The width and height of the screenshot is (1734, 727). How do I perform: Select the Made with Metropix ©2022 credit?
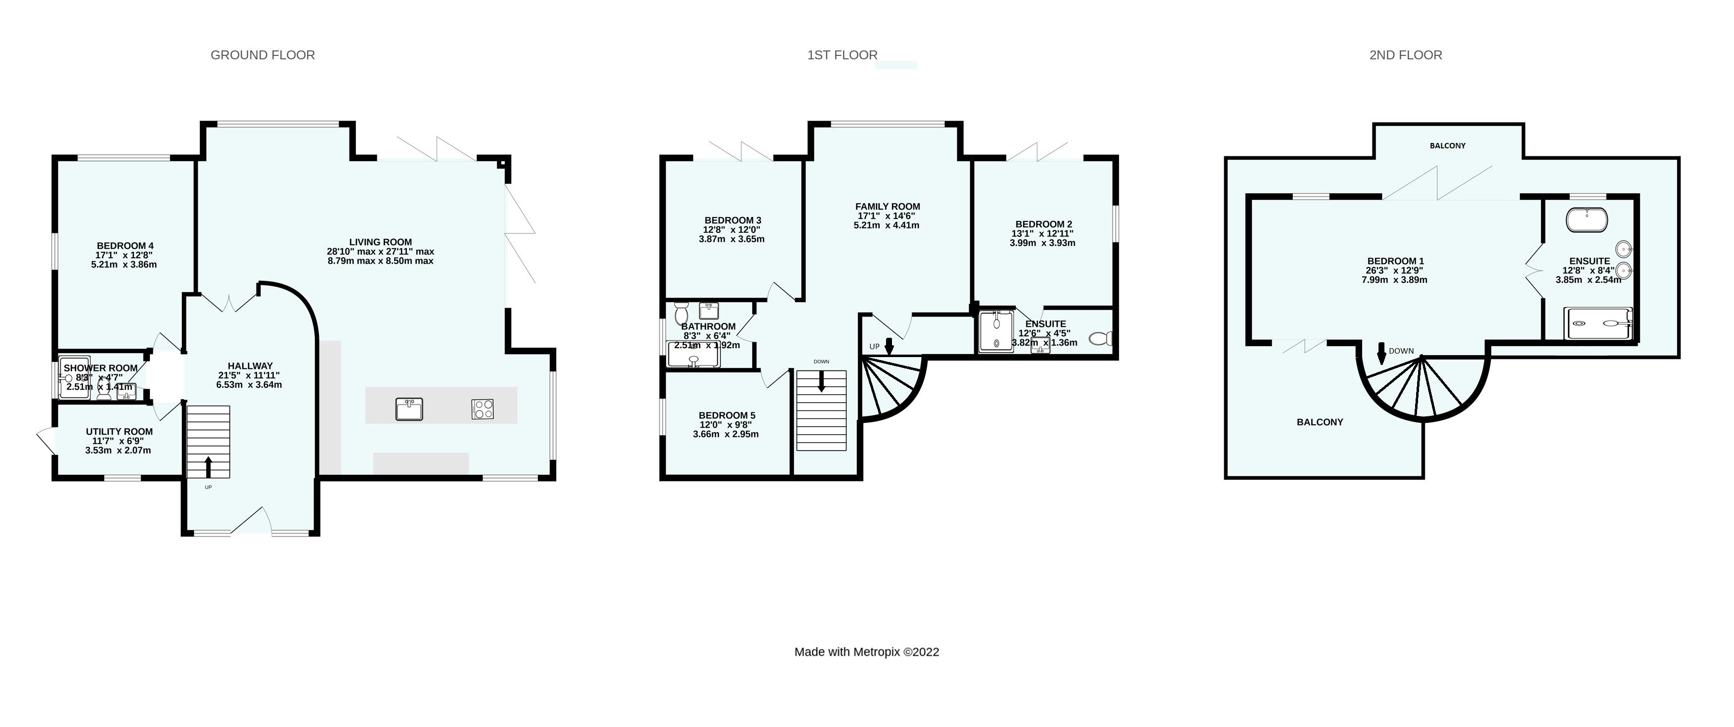tap(866, 652)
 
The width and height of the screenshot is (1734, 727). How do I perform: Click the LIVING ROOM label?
tap(380, 242)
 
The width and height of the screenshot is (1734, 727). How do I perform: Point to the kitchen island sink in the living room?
tap(408, 409)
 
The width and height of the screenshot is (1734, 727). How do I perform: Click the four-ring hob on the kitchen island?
tap(483, 409)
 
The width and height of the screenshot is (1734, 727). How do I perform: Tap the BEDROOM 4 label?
tap(125, 246)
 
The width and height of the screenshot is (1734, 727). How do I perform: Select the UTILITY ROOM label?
tap(119, 431)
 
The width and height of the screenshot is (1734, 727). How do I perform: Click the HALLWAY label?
tap(250, 365)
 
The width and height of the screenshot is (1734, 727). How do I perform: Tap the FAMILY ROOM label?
tap(887, 207)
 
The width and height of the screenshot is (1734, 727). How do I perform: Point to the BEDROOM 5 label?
tap(727, 415)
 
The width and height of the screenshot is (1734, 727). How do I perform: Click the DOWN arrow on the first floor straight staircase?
tap(821, 382)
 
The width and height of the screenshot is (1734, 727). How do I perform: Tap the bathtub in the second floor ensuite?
tap(1587, 220)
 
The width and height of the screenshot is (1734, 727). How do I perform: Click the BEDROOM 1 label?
tap(1395, 261)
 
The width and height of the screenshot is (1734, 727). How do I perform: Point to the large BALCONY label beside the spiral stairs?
tap(1319, 422)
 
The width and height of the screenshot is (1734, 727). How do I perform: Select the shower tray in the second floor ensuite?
tap(1598, 324)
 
